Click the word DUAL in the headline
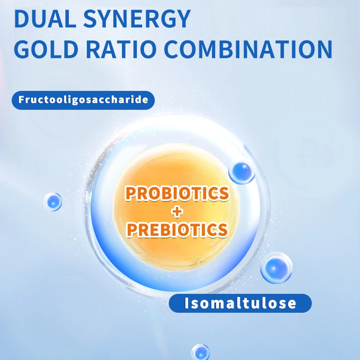[45, 19]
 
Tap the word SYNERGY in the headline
[137, 19]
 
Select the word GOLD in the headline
[46, 49]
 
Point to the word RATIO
[121, 49]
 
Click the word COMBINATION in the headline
[248, 49]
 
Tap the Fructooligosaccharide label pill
[83, 100]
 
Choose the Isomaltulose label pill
[240, 303]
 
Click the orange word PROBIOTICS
[177, 193]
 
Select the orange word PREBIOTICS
[177, 230]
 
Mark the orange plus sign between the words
[177, 211]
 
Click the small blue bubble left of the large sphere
[53, 202]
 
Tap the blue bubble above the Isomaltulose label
[276, 268]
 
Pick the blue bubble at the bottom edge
[200, 352]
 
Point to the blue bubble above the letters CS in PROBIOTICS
[242, 172]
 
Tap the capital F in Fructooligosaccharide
[21, 99]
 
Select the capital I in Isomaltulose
[187, 303]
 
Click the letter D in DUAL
[22, 19]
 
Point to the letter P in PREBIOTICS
[132, 230]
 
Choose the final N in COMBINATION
[324, 49]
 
